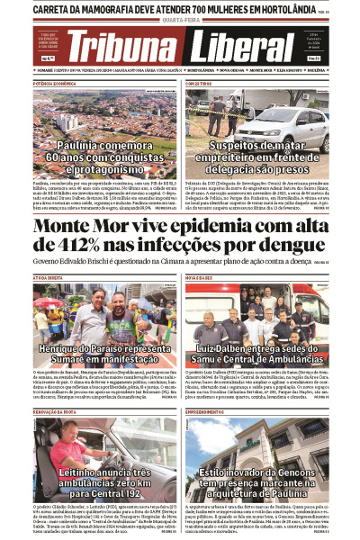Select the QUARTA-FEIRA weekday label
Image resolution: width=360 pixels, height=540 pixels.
click(x=180, y=24)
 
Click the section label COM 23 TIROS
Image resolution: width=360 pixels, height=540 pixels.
click(x=200, y=82)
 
